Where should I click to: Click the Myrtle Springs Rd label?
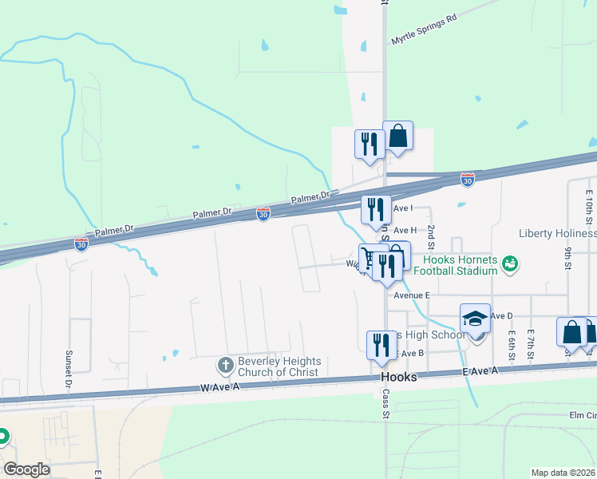click(x=423, y=29)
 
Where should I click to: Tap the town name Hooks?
click(x=399, y=377)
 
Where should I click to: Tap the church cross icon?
click(x=225, y=366)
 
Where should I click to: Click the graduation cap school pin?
click(x=476, y=319)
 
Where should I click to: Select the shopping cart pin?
click(x=371, y=259)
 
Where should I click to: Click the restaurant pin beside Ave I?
click(x=376, y=209)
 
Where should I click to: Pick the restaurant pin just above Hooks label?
click(x=379, y=345)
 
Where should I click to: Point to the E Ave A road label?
click(x=478, y=371)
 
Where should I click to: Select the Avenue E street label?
click(x=412, y=295)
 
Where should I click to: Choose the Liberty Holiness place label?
click(x=557, y=233)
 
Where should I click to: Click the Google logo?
click(x=26, y=469)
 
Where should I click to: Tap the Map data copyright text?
click(x=563, y=473)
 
